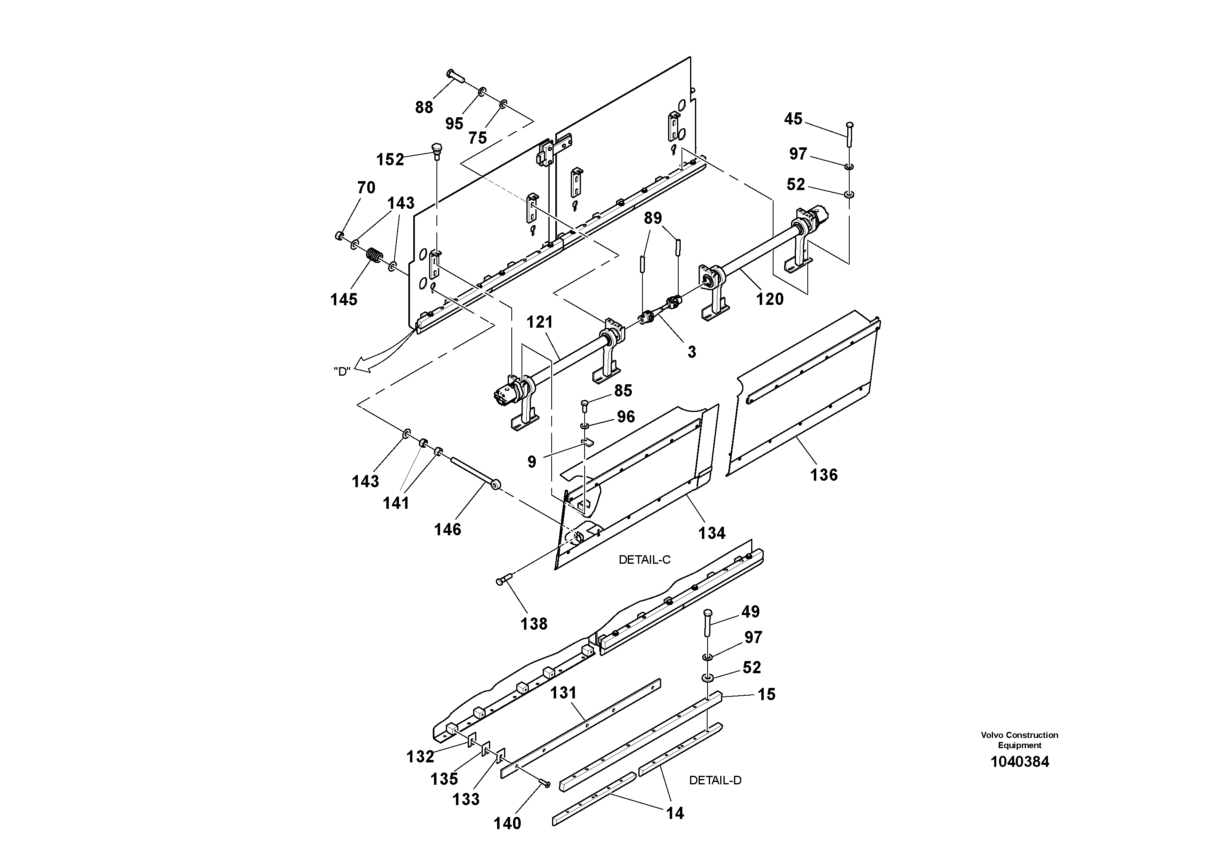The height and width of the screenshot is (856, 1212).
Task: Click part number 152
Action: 390,160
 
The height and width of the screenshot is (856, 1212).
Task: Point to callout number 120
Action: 769,299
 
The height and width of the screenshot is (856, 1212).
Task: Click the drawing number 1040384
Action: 1019,762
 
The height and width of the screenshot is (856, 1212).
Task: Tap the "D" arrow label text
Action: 342,372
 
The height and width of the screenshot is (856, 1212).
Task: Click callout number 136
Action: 824,475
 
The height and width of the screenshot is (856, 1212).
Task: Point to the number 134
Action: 712,534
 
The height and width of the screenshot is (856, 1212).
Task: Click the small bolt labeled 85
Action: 584,405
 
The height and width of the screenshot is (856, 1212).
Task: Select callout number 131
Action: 563,693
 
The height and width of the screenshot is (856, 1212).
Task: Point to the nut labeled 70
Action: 340,235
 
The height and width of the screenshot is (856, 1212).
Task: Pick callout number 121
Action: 539,322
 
